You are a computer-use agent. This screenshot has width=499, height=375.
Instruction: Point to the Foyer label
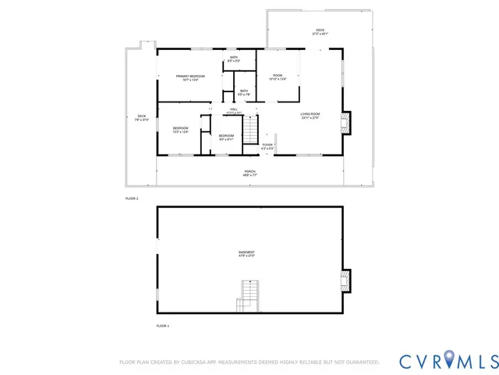point(267,146)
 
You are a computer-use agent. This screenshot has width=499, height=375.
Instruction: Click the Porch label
point(249,173)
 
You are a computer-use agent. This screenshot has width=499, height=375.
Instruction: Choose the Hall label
point(233,111)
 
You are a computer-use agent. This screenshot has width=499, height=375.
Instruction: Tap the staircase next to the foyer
point(249,127)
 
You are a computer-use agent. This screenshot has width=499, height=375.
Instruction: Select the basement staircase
point(248,297)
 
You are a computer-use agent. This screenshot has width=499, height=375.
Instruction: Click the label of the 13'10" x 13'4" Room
point(278,77)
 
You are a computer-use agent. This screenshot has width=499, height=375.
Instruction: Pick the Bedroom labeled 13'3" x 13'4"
point(181,130)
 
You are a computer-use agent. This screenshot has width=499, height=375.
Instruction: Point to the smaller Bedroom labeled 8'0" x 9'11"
point(226,137)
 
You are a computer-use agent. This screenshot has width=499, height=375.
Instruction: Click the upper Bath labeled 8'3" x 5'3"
point(234,59)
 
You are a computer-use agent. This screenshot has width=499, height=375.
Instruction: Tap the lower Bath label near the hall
point(244,92)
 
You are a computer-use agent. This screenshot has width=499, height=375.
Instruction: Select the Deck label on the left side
point(141,118)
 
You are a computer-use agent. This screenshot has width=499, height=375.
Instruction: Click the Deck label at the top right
point(320,33)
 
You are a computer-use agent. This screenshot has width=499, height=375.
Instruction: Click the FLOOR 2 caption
point(132,198)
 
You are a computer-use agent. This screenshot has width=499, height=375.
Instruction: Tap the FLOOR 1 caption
point(162,325)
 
